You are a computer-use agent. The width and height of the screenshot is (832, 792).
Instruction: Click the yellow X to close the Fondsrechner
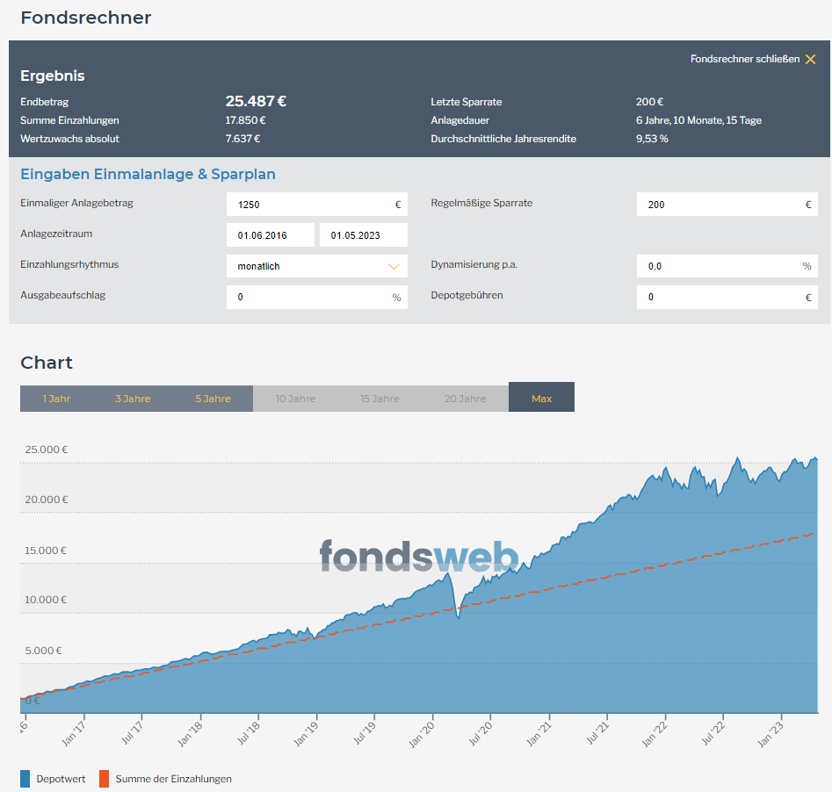[810, 59]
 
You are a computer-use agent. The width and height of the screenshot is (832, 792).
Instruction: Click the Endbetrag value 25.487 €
[256, 101]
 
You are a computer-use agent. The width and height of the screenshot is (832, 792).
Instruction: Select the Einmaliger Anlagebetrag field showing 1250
[317, 205]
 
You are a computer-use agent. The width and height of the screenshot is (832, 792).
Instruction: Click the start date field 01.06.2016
[270, 235]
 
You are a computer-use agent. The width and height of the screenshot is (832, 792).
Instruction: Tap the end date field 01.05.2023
[364, 235]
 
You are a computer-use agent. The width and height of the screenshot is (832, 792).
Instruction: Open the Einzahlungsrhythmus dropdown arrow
[394, 266]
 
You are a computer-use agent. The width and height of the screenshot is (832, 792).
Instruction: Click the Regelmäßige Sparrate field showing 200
[727, 205]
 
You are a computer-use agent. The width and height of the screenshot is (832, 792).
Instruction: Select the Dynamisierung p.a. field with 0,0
[727, 266]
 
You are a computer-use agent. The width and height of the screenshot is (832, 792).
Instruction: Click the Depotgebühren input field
[727, 297]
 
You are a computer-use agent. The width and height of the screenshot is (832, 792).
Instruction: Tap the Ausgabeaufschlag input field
[317, 297]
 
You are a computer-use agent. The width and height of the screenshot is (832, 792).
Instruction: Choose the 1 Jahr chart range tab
[56, 399]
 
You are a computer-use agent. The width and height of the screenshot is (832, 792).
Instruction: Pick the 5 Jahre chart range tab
[213, 399]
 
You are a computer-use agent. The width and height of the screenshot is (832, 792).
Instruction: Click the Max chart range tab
[541, 397]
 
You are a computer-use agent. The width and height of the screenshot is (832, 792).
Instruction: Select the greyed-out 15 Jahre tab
[380, 399]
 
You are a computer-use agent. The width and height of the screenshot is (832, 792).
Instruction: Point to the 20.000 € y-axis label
[47, 500]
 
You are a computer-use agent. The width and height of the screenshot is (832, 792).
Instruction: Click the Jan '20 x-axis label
[422, 735]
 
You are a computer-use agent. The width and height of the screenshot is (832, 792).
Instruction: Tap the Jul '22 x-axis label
[713, 734]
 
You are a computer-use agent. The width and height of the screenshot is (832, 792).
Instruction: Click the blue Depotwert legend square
[25, 779]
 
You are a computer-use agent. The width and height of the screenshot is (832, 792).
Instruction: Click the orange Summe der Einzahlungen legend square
[104, 779]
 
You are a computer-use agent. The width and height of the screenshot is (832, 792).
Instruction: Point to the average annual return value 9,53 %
[652, 139]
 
